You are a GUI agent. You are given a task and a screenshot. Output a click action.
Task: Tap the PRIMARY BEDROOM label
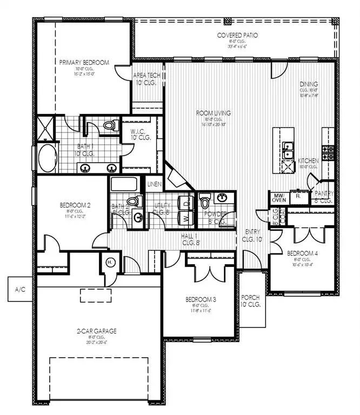(84, 63)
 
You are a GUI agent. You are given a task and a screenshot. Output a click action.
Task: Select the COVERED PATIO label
(237, 35)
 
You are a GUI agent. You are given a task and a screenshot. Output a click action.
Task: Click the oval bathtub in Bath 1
(47, 158)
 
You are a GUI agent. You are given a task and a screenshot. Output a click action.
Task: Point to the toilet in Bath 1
(110, 125)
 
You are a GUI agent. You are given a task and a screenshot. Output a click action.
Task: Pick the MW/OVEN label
(279, 198)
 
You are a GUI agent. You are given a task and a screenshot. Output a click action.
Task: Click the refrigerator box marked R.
(298, 197)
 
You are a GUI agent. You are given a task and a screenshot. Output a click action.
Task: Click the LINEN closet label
(154, 185)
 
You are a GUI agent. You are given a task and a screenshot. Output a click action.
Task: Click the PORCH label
(251, 301)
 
